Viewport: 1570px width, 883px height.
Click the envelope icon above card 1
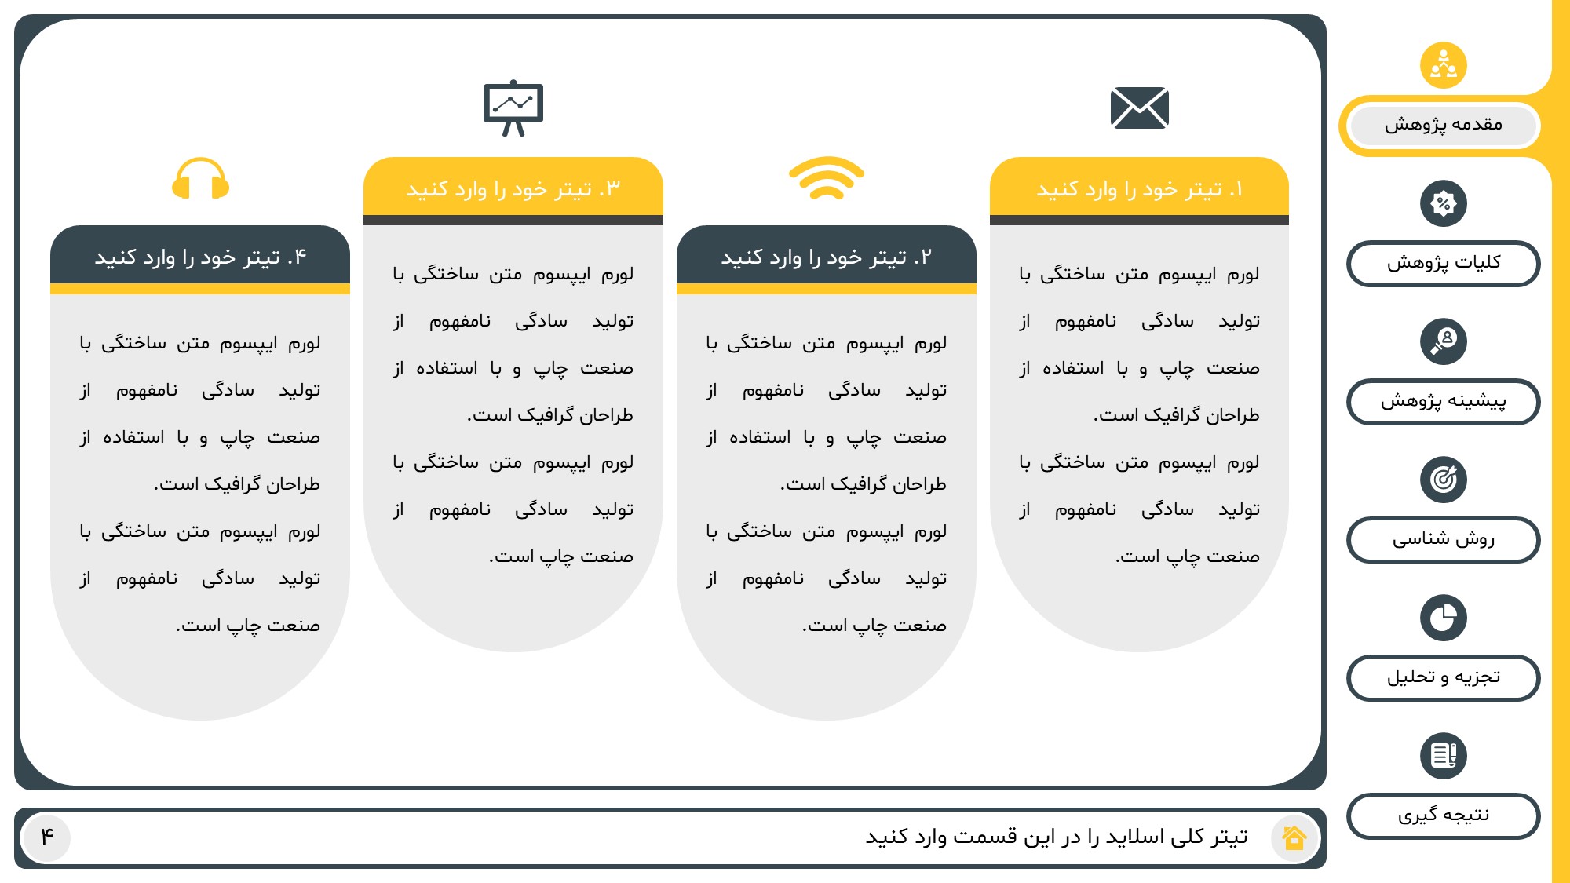pyautogui.click(x=1139, y=108)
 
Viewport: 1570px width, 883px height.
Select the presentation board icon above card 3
pyautogui.click(x=513, y=107)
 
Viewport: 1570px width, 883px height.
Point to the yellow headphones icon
pyautogui.click(x=200, y=180)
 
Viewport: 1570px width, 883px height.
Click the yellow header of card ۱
pyautogui.click(x=1139, y=189)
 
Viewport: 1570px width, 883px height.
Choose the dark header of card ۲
pyautogui.click(x=826, y=257)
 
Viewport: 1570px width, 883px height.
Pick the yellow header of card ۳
pyautogui.click(x=513, y=189)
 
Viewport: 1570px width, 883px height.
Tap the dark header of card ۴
pyautogui.click(x=200, y=257)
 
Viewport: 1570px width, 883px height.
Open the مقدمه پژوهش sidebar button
pyautogui.click(x=1443, y=125)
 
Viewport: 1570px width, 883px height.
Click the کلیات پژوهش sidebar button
pyautogui.click(x=1443, y=263)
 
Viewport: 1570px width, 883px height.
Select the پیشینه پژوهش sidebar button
pyautogui.click(x=1443, y=401)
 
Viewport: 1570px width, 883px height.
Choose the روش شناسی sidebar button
pyautogui.click(x=1443, y=539)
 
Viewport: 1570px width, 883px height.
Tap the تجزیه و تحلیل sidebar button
pyautogui.click(x=1443, y=677)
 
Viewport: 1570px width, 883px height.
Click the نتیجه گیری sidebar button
pyautogui.click(x=1443, y=815)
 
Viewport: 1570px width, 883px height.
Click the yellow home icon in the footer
pyautogui.click(x=1294, y=837)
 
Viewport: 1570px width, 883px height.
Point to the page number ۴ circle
pyautogui.click(x=47, y=837)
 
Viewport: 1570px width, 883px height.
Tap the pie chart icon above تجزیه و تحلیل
pyautogui.click(x=1443, y=618)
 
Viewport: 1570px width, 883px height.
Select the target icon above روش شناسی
pyautogui.click(x=1443, y=480)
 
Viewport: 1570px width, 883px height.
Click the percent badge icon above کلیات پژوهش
pyautogui.click(x=1443, y=203)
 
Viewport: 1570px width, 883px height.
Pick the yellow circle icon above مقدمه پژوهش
pyautogui.click(x=1443, y=65)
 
